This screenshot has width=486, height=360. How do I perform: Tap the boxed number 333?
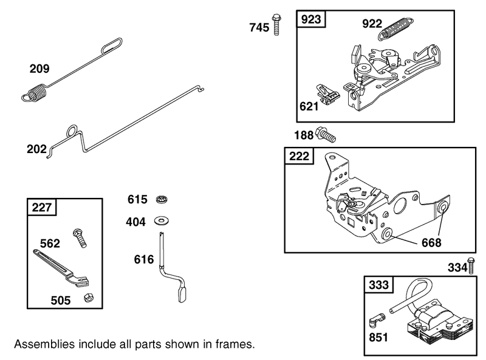tap(380, 285)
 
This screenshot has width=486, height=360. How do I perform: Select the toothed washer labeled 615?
tap(162, 200)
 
